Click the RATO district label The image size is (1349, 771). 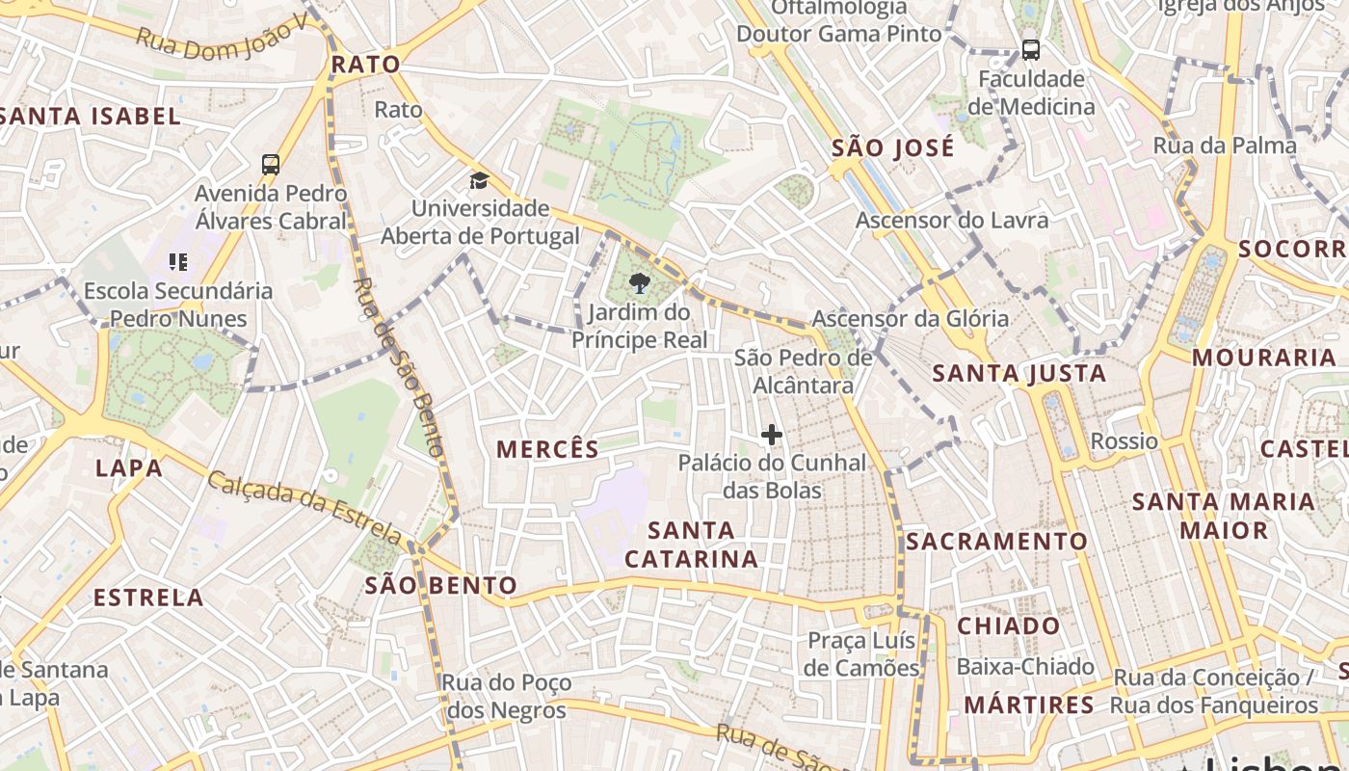tap(364, 65)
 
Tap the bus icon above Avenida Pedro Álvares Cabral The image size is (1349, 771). tap(271, 165)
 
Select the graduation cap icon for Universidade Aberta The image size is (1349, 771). tap(479, 180)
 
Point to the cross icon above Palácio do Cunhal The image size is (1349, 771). tap(771, 436)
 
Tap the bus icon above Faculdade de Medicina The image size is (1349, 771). tap(1030, 50)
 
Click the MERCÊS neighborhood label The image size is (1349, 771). tap(547, 448)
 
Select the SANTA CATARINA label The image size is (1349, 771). tap(691, 544)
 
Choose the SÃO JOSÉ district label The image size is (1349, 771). tap(893, 147)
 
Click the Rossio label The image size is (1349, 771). tap(1124, 441)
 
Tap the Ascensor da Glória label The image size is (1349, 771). tap(910, 318)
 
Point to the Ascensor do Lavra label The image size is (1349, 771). tap(952, 220)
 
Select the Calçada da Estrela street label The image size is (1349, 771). tap(304, 508)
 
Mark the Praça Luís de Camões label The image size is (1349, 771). tap(862, 654)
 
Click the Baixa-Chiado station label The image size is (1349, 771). tap(1025, 667)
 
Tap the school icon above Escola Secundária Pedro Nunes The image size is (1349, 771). tap(177, 261)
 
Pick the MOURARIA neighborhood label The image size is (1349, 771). tap(1263, 358)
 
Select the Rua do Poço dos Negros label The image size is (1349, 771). tap(506, 697)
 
